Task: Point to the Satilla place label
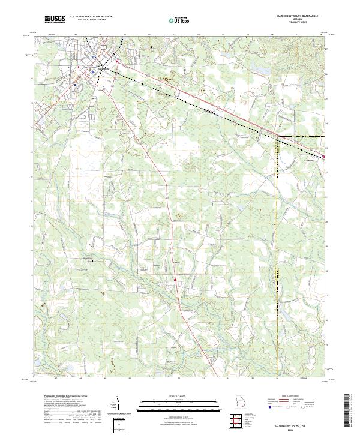[176, 263]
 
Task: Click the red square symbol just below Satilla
[175, 279]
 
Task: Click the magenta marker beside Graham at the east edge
[323, 157]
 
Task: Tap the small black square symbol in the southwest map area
[92, 261]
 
